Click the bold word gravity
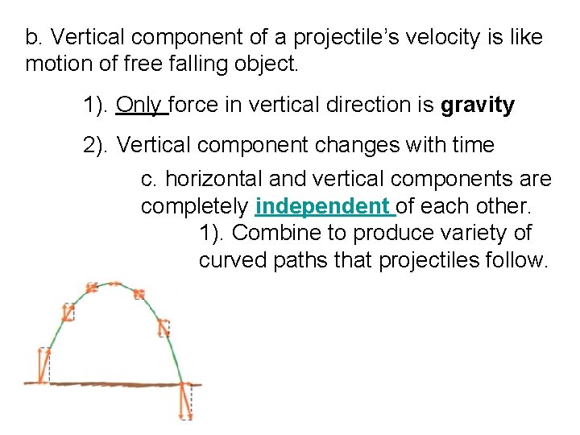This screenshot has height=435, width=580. tap(478, 106)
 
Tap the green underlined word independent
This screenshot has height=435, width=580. tap(322, 207)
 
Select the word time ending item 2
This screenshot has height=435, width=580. tap(471, 146)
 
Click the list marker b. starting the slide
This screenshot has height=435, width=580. tap(33, 38)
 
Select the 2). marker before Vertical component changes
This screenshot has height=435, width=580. tap(97, 146)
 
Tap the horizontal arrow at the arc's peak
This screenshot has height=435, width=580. tap(105, 285)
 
